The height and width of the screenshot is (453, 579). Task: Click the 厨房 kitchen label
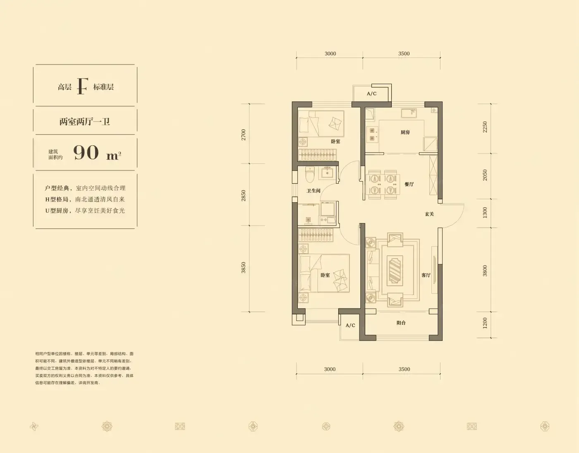click(405, 132)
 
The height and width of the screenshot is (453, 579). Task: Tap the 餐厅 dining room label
click(409, 184)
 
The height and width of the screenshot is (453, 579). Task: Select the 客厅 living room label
click(426, 275)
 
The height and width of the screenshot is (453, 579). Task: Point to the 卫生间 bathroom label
click(313, 191)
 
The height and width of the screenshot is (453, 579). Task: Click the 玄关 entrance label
click(429, 214)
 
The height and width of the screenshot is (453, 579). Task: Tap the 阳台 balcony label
click(401, 323)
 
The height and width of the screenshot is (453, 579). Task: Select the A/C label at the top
click(372, 93)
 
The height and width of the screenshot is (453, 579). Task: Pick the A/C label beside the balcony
click(350, 325)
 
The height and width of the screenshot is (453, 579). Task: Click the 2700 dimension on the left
click(243, 135)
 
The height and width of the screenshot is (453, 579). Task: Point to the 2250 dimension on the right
click(485, 127)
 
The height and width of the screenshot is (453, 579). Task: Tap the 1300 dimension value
click(485, 213)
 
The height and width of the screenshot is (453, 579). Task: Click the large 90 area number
click(86, 153)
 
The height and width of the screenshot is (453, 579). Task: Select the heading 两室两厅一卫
click(85, 122)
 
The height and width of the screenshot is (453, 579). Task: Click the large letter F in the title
click(82, 86)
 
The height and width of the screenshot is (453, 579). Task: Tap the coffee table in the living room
click(395, 269)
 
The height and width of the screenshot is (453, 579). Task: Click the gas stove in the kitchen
click(372, 134)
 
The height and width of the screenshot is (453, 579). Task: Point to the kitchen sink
click(409, 113)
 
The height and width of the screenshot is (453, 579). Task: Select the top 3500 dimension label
click(404, 53)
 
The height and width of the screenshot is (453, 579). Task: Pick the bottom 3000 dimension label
click(330, 369)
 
